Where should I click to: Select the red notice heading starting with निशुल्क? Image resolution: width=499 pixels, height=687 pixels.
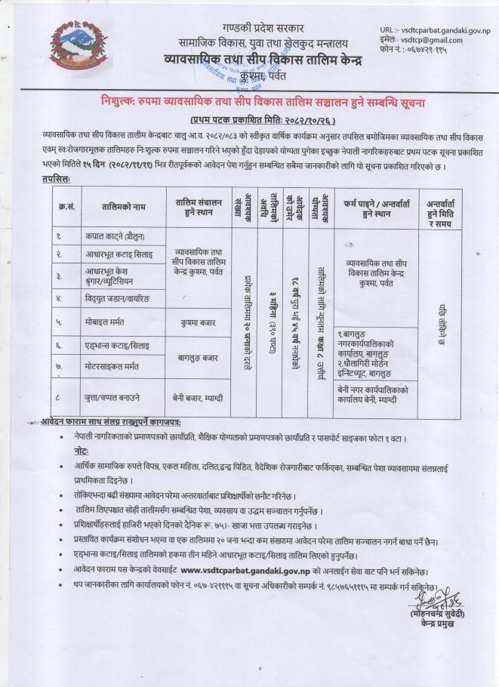pos(263,102)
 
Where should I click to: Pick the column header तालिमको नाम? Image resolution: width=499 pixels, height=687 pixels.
pos(124,206)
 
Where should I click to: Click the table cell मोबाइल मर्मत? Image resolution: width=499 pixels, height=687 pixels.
pos(105,322)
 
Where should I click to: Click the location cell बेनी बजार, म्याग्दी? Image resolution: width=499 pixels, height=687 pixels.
pos(199,396)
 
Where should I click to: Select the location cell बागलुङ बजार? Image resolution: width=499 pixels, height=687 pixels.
pos(199,356)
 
